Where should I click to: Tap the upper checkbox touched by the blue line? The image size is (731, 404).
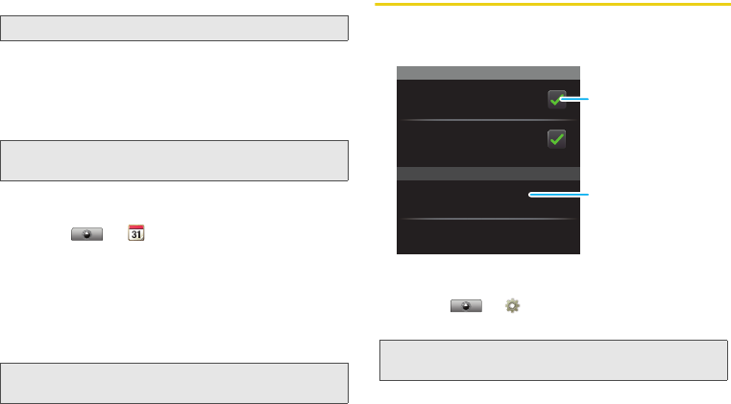tap(555, 99)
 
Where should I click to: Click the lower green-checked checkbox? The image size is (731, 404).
tap(556, 139)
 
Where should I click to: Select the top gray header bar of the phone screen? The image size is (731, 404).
tap(488, 72)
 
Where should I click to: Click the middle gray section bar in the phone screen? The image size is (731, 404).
tap(488, 174)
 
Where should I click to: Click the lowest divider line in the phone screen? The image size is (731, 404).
tap(488, 220)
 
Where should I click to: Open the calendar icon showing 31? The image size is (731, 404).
tap(136, 234)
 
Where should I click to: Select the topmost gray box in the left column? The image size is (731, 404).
tap(174, 28)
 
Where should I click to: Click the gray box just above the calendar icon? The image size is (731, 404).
tap(174, 160)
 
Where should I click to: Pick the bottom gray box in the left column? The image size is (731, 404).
tap(174, 383)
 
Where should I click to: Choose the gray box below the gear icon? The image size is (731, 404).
tap(553, 359)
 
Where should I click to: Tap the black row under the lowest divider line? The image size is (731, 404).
tap(488, 237)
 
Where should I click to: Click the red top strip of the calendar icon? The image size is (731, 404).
tap(136, 228)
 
